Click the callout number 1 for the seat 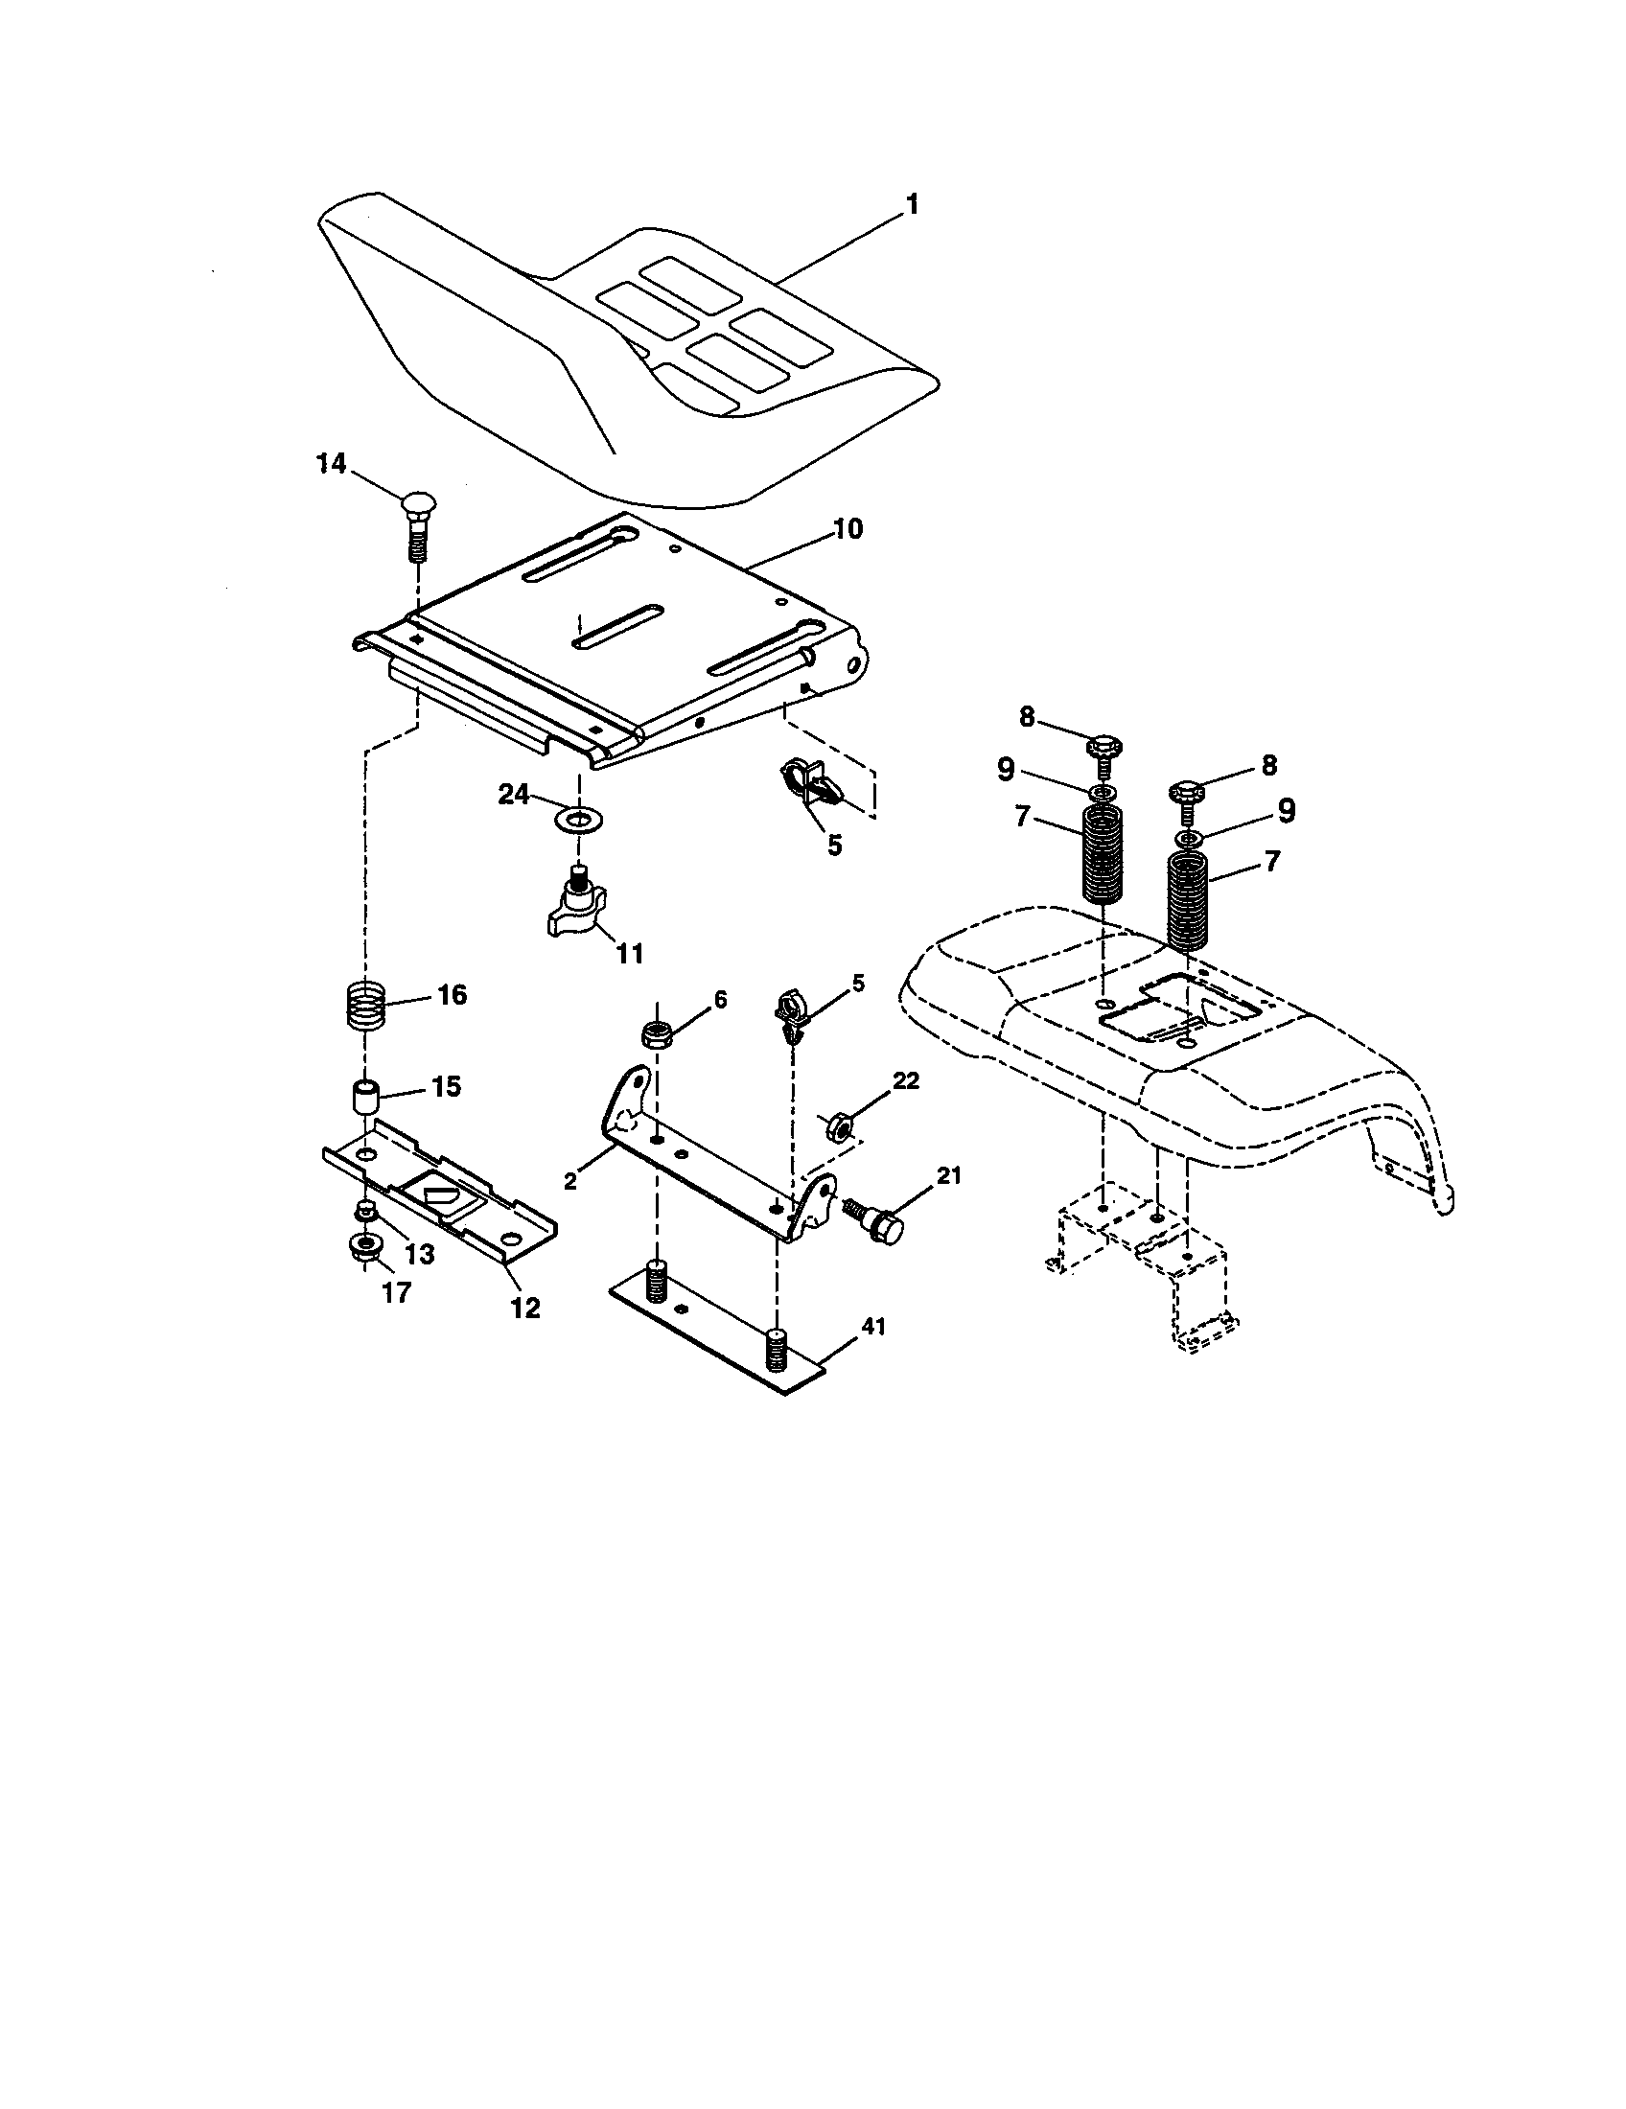click(x=911, y=206)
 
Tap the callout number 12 click(x=526, y=1308)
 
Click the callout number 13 click(x=420, y=1254)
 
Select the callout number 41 click(x=872, y=1327)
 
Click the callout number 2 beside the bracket click(x=571, y=1181)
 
